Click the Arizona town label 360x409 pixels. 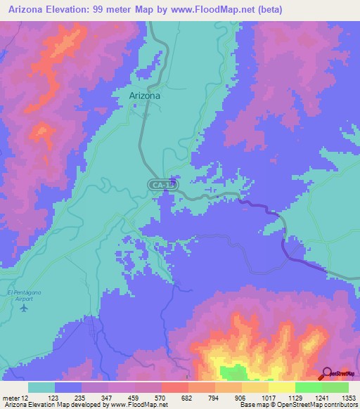click(x=145, y=96)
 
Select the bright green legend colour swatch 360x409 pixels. click(x=308, y=387)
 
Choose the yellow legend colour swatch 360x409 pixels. click(x=281, y=387)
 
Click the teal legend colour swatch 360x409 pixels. click(x=41, y=387)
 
